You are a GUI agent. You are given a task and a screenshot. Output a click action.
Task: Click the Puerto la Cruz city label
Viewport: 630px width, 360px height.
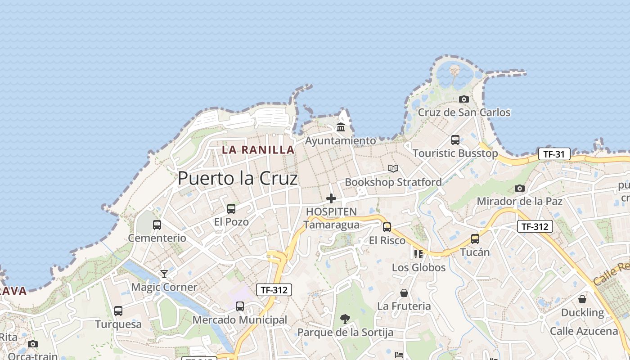(238, 179)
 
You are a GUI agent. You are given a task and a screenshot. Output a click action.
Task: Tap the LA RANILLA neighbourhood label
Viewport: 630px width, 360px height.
(258, 150)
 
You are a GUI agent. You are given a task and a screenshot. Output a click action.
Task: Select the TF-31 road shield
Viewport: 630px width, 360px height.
(554, 154)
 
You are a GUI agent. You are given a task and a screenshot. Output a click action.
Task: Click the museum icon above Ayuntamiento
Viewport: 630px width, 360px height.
(341, 127)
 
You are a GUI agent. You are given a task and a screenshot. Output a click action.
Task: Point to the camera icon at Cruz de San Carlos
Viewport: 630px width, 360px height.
(464, 99)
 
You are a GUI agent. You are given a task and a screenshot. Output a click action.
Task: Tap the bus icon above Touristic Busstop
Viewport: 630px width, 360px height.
(455, 140)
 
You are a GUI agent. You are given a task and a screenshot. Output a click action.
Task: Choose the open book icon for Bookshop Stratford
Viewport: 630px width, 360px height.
(393, 168)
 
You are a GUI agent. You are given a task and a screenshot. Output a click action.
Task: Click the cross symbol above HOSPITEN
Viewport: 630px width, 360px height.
(331, 198)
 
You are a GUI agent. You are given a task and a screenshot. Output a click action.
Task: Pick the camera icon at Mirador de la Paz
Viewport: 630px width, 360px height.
(520, 188)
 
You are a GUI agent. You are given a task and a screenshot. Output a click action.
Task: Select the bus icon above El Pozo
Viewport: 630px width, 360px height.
(231, 209)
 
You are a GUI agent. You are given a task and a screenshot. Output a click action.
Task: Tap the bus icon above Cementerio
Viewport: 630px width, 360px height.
(157, 225)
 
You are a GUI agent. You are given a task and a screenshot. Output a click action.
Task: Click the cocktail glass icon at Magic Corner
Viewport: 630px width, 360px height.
(164, 274)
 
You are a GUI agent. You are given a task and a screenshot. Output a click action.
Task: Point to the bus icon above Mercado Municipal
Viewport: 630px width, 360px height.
(240, 306)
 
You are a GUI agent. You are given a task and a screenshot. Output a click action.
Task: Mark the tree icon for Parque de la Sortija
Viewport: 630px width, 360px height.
(345, 319)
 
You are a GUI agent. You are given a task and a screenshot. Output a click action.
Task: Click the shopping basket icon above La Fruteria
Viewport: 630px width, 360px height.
(404, 293)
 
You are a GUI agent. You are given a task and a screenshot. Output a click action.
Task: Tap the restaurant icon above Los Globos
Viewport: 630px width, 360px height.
(418, 254)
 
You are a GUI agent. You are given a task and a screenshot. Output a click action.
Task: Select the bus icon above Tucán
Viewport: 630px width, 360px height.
(475, 239)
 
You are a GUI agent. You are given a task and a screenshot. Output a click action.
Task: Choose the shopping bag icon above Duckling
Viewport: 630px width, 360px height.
(582, 299)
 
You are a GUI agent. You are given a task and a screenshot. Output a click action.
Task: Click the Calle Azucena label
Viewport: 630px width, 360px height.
(584, 332)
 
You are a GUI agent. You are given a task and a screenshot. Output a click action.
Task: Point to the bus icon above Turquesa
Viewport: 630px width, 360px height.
(118, 311)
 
